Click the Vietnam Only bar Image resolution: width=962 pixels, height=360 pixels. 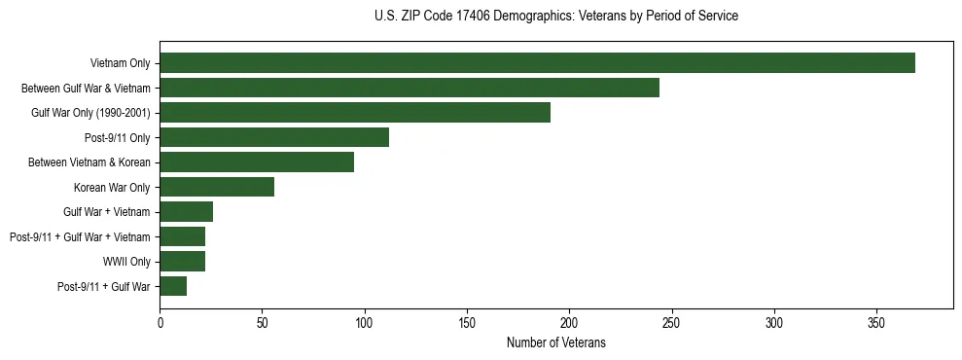click(x=537, y=63)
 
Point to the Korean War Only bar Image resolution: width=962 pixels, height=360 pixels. click(x=217, y=187)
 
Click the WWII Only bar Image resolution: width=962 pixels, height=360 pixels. click(x=183, y=261)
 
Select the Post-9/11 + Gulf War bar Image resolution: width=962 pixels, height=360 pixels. click(x=173, y=286)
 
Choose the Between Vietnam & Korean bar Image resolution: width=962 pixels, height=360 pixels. click(x=257, y=162)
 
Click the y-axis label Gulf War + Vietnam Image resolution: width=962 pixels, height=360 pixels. click(x=107, y=212)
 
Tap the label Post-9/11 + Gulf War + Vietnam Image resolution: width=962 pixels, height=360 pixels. click(x=80, y=236)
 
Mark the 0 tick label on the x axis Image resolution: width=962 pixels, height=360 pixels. click(x=160, y=320)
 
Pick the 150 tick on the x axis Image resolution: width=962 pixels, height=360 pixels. click(x=467, y=320)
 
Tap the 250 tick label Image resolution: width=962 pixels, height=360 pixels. click(x=672, y=320)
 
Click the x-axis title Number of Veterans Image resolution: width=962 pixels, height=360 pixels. click(x=556, y=342)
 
